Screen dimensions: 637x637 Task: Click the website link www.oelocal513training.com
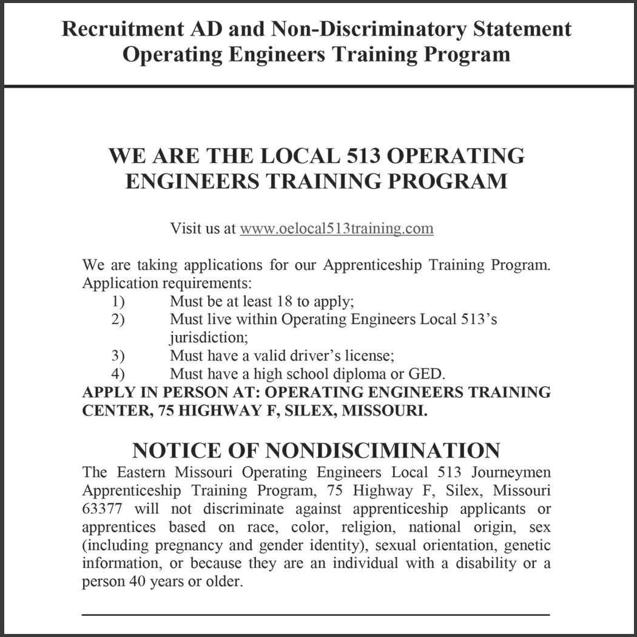(336, 229)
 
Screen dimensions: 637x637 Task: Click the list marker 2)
(118, 319)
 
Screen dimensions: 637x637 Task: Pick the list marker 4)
(118, 374)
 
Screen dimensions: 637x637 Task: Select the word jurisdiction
(209, 338)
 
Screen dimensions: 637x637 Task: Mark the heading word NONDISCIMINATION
(383, 451)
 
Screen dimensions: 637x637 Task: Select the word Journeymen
(512, 472)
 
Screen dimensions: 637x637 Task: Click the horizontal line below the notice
(315, 615)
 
